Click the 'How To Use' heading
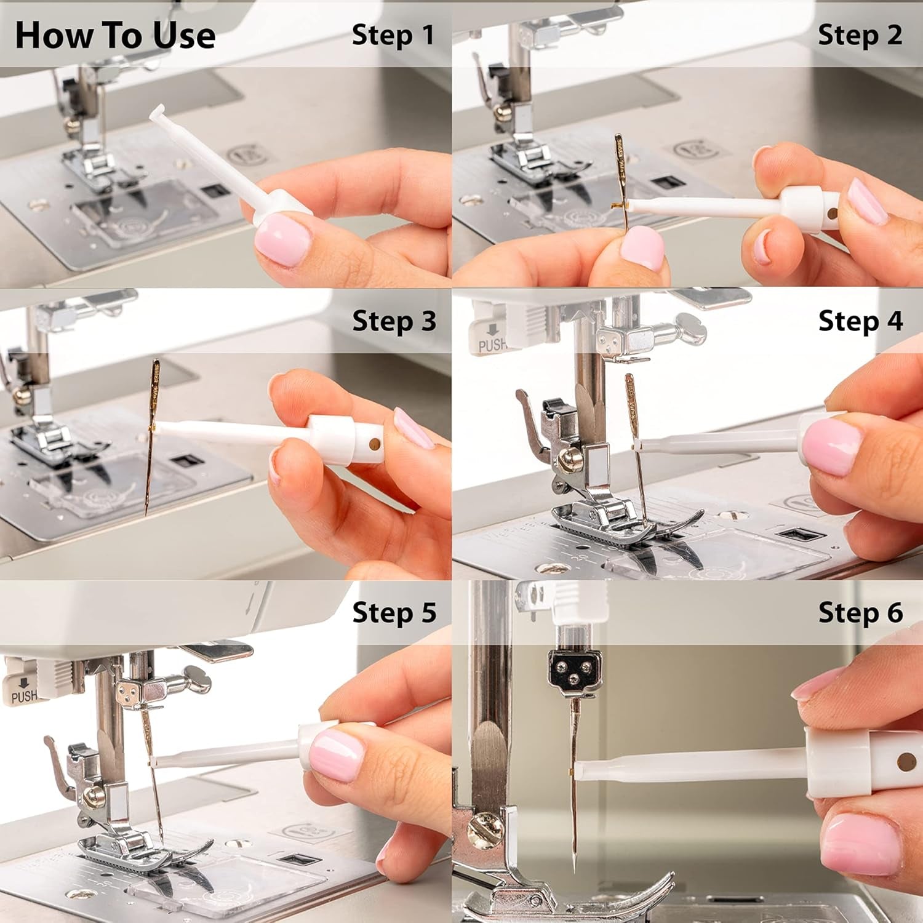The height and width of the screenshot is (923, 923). [x=115, y=35]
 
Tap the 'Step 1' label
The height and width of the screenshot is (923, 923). [x=393, y=35]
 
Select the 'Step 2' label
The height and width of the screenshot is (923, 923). [x=860, y=35]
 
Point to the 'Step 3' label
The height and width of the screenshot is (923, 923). [x=394, y=321]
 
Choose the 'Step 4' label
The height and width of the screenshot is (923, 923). [x=860, y=321]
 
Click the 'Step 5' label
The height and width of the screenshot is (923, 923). [x=394, y=612]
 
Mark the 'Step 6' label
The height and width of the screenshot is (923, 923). [x=860, y=612]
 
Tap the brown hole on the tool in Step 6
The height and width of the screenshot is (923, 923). [x=905, y=762]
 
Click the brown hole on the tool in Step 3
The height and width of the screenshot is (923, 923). [x=373, y=443]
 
